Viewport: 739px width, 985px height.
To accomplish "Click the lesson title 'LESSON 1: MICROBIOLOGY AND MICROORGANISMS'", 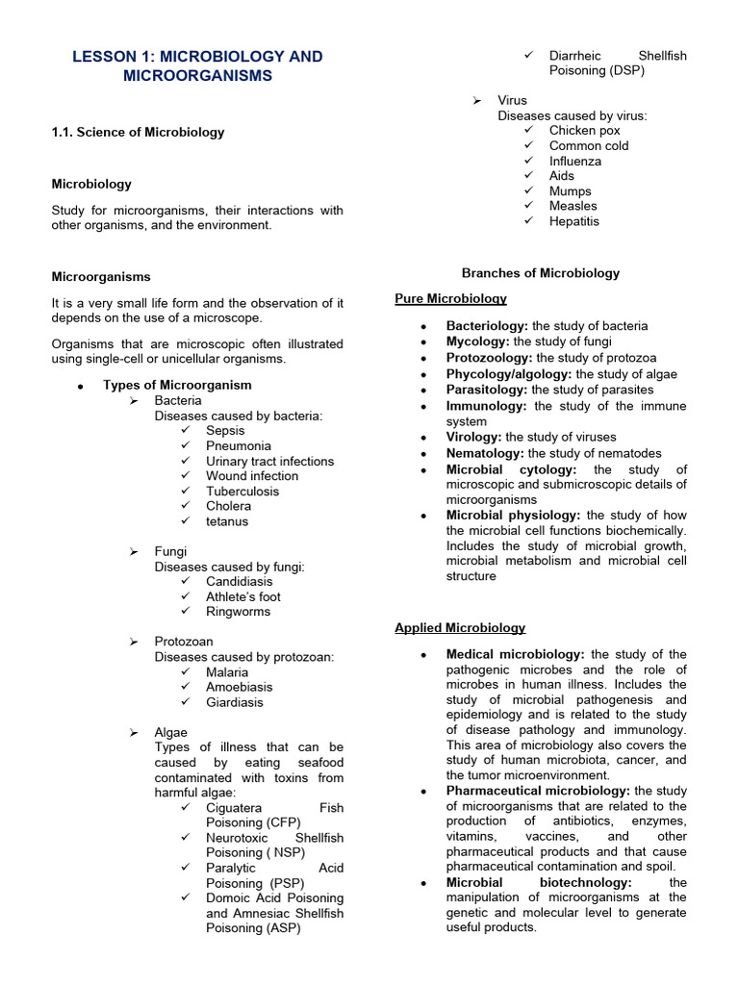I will [x=197, y=65].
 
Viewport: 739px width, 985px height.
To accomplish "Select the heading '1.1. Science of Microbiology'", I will [x=138, y=132].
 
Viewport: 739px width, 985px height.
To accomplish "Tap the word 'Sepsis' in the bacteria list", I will [x=225, y=431].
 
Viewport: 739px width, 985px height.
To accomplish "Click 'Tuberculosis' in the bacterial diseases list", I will [x=242, y=491].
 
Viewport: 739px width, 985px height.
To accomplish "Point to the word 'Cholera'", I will [x=228, y=506].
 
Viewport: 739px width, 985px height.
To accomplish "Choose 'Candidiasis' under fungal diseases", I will [x=239, y=581].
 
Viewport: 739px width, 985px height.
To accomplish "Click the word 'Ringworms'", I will [x=238, y=611].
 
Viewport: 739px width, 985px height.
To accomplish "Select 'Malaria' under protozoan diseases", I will [x=226, y=672].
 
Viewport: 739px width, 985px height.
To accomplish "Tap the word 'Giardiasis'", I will [x=234, y=702].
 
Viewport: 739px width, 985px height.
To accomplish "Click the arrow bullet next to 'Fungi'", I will [x=135, y=551].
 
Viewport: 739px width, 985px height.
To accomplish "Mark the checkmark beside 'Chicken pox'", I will [x=528, y=130].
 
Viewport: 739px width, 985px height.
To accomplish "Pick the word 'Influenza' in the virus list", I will [x=574, y=161].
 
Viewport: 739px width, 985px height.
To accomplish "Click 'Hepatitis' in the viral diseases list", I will [x=573, y=220].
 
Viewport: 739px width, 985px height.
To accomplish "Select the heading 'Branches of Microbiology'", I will [x=541, y=273].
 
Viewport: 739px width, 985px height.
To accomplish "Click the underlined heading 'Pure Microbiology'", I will [x=450, y=299].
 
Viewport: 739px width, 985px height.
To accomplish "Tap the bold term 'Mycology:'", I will [x=478, y=341].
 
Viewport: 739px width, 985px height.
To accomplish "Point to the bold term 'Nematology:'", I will [x=485, y=453].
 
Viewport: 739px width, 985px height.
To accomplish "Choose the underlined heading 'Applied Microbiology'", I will [x=460, y=628].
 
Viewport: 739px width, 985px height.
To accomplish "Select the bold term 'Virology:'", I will [x=474, y=437].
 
